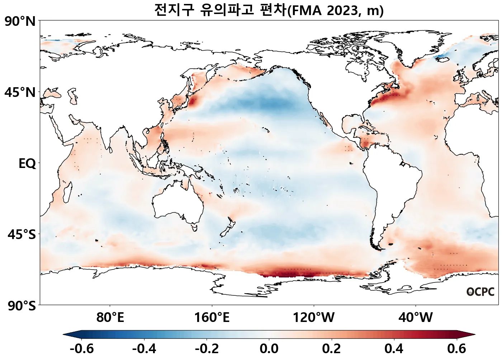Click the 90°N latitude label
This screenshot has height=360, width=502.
tap(20, 22)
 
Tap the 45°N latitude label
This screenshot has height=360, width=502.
tap(20, 93)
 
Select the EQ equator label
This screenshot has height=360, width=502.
tap(27, 164)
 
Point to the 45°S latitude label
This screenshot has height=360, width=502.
tap(22, 235)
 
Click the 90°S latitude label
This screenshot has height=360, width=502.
tap(22, 306)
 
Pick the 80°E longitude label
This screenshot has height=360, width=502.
tap(110, 317)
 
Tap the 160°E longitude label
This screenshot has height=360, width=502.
tap(212, 317)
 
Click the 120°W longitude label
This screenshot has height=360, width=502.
tap(314, 317)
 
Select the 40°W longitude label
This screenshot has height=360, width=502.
tap(416, 317)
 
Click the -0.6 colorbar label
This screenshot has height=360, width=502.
tap(81, 349)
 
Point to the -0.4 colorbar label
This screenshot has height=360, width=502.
tap(144, 349)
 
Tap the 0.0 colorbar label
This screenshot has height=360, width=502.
tap(269, 349)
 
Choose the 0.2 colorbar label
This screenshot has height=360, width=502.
tap(331, 349)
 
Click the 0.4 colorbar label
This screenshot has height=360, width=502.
tap(394, 349)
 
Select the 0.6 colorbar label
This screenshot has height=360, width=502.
tap(456, 349)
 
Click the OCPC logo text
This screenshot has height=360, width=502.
tap(480, 292)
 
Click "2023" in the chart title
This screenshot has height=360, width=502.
tap(343, 11)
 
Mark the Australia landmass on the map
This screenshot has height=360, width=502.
tap(177, 203)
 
